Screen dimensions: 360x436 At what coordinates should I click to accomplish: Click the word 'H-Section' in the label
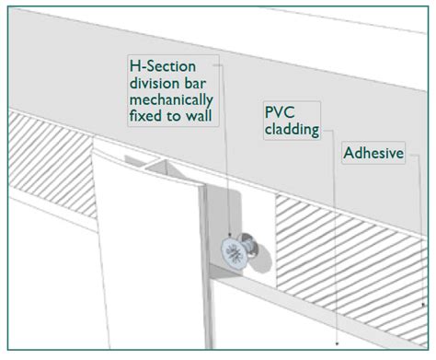[x=160, y=64]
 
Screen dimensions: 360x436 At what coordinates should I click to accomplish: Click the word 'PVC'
[x=278, y=112]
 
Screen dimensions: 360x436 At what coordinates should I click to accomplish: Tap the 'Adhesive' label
[x=373, y=152]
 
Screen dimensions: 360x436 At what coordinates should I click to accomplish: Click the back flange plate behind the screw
[x=217, y=221]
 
